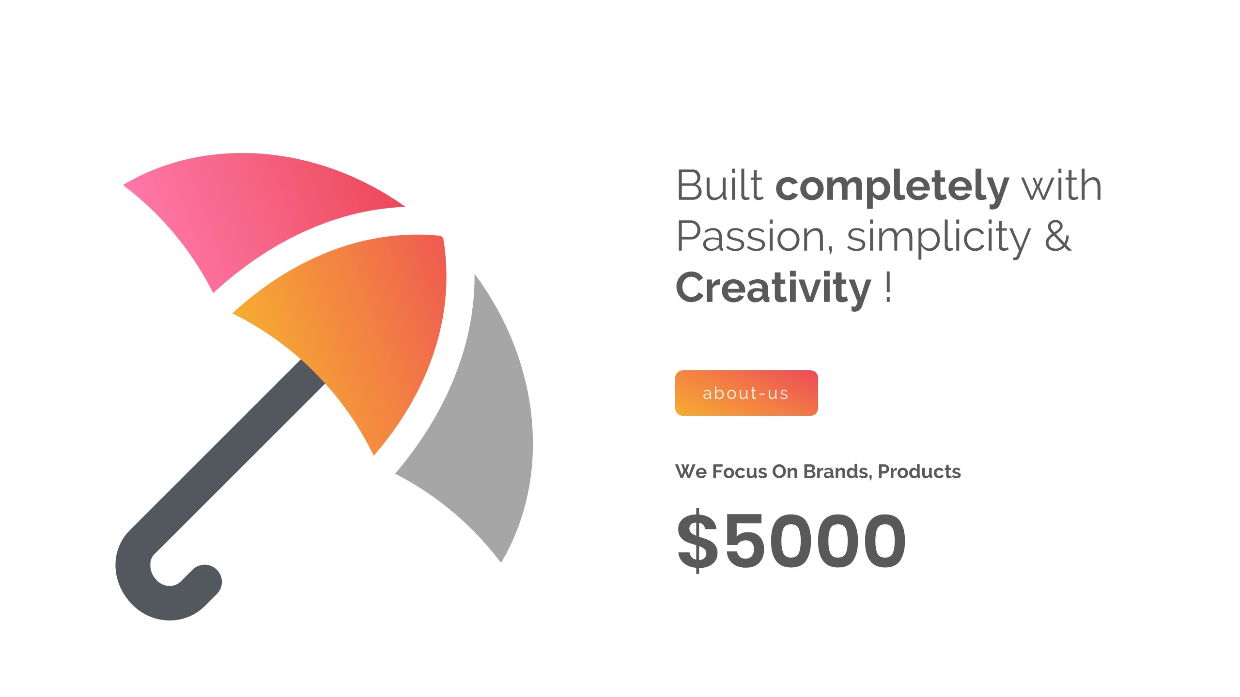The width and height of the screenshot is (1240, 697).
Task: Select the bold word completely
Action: click(x=892, y=188)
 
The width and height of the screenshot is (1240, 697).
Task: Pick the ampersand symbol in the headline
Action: click(x=1058, y=236)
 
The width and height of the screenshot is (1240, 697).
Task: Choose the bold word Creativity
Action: click(x=773, y=289)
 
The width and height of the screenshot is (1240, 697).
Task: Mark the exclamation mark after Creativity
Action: click(x=888, y=287)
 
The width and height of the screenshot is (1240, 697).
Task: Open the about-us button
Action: click(x=746, y=393)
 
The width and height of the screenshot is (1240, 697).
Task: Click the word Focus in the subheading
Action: click(x=740, y=471)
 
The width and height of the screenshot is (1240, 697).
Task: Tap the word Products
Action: click(x=919, y=471)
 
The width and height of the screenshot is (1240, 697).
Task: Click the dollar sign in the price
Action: click(x=697, y=541)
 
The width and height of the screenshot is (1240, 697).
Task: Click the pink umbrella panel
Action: click(x=252, y=213)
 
